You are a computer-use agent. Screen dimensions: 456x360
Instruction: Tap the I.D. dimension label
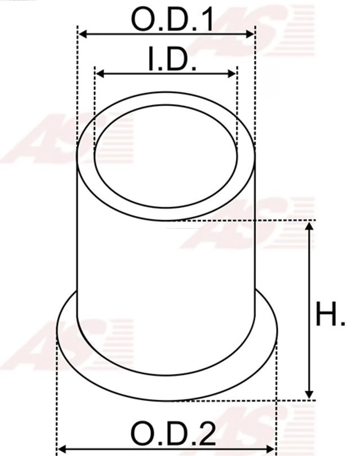coord(172,60)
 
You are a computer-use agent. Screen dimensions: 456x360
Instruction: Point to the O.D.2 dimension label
coord(173,433)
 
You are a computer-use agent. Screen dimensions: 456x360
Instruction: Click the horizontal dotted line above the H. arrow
coord(282,220)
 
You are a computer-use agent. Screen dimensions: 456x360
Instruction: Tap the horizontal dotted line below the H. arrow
coord(293,400)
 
